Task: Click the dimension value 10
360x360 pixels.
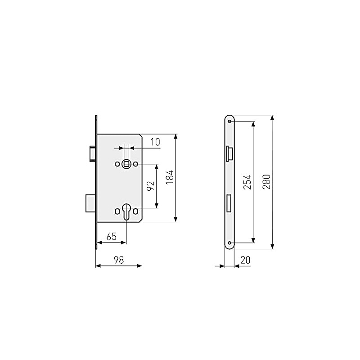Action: (x=155, y=142)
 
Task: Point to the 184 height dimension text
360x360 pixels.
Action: (x=169, y=178)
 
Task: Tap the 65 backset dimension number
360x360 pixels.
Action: (x=112, y=236)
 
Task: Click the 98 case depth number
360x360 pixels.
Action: (x=118, y=260)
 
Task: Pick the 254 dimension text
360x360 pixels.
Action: (x=247, y=182)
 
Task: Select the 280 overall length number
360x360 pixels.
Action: (x=266, y=181)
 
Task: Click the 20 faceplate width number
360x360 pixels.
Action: (x=246, y=260)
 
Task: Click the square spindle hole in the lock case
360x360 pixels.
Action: (x=126, y=164)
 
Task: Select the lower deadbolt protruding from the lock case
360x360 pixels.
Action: (x=90, y=202)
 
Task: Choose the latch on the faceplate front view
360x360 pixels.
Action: (x=229, y=153)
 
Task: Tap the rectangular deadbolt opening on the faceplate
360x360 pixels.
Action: (x=229, y=202)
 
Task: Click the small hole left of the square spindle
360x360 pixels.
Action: (x=117, y=164)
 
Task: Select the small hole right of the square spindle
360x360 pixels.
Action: (x=135, y=164)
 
